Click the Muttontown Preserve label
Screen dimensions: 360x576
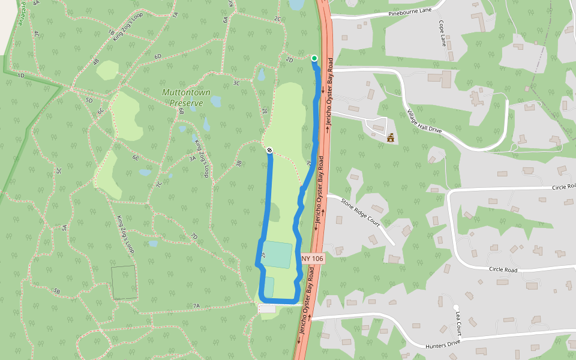coord(186,97)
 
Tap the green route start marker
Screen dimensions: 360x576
coord(314,58)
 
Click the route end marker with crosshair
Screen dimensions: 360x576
coord(269,149)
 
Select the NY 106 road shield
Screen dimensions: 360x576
coord(313,259)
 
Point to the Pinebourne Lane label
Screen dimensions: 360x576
coord(410,11)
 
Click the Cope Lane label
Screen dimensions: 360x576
coord(443,35)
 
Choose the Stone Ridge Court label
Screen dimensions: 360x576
coord(361,211)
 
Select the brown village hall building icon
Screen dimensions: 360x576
coord(391,138)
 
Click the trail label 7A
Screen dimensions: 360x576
coord(196,306)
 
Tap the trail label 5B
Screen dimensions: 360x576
coord(57,291)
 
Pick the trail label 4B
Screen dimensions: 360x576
coord(95,61)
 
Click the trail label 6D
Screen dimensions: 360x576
coord(158,56)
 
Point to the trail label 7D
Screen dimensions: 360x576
coord(194,236)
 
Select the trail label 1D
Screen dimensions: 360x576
coord(20,76)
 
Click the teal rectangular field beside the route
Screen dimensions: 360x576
coord(277,255)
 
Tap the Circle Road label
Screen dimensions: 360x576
coord(503,270)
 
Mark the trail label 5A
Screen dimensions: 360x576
coord(64,227)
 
